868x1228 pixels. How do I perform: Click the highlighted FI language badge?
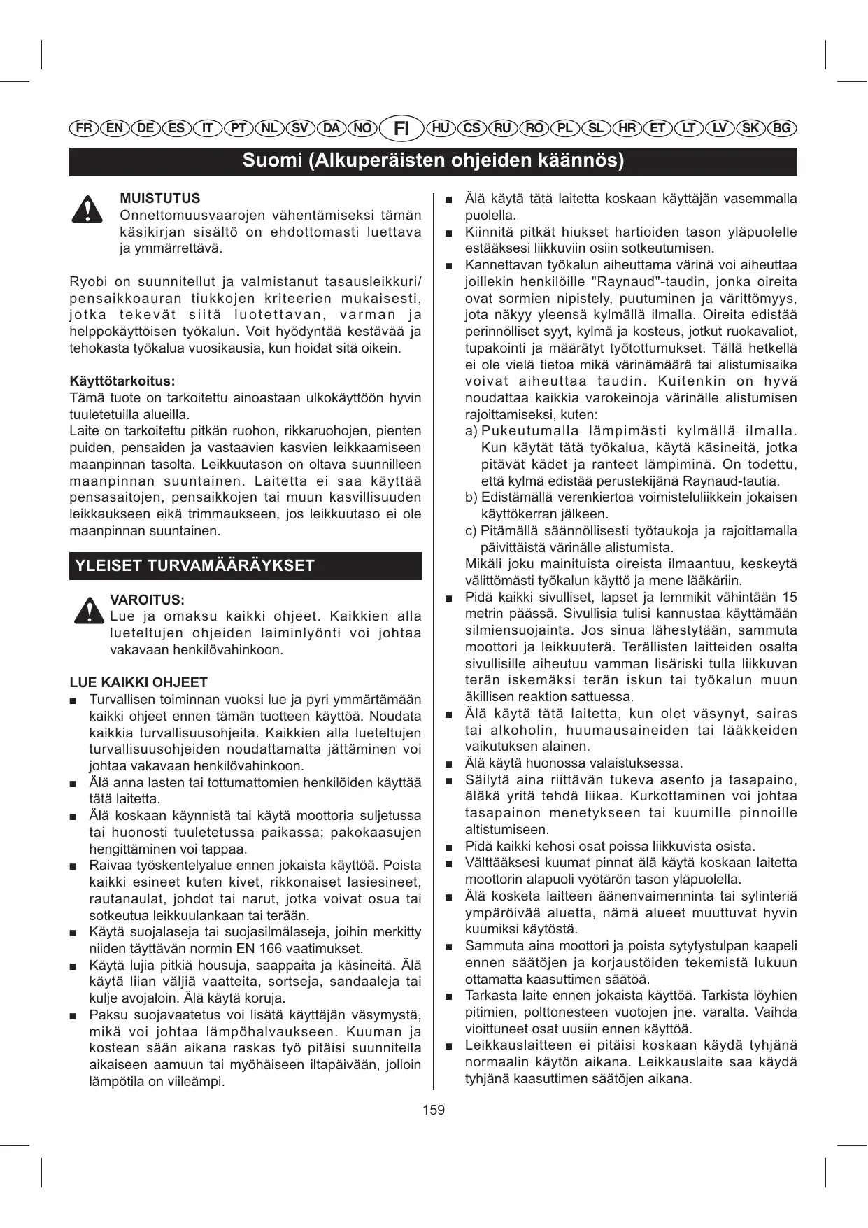tap(401, 128)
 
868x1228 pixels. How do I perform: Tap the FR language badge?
tap(84, 128)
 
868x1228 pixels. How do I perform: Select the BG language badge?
tap(782, 128)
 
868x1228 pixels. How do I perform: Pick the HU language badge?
tap(441, 128)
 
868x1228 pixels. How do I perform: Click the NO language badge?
tap(362, 128)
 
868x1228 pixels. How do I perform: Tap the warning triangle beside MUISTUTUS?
tap(87, 209)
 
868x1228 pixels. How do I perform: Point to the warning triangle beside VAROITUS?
tap(89, 610)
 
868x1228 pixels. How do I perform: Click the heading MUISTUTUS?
tap(160, 199)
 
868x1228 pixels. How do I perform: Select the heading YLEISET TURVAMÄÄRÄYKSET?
tap(195, 566)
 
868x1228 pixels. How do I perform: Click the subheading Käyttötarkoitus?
tap(122, 381)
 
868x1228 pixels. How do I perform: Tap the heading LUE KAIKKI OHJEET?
tap(138, 683)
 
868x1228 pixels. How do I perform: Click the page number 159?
tap(434, 1110)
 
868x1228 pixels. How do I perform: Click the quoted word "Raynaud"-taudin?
tap(644, 282)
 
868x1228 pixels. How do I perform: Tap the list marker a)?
tap(471, 431)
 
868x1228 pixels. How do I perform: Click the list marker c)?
tap(471, 531)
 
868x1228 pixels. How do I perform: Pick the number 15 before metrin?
tap(789, 598)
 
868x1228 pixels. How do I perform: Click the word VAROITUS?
tap(147, 600)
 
